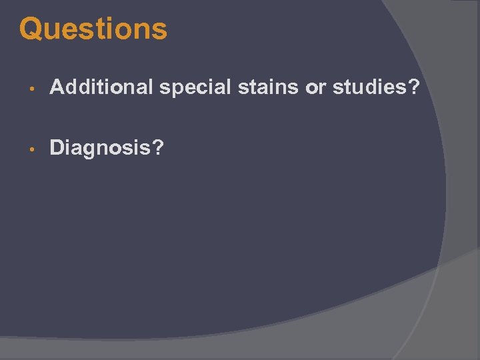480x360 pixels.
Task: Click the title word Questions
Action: tap(93, 29)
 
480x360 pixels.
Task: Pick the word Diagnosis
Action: tap(99, 148)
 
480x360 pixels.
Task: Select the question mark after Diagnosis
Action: tap(156, 147)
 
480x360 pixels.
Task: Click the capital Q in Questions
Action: tap(31, 29)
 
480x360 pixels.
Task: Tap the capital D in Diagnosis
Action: tap(57, 147)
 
